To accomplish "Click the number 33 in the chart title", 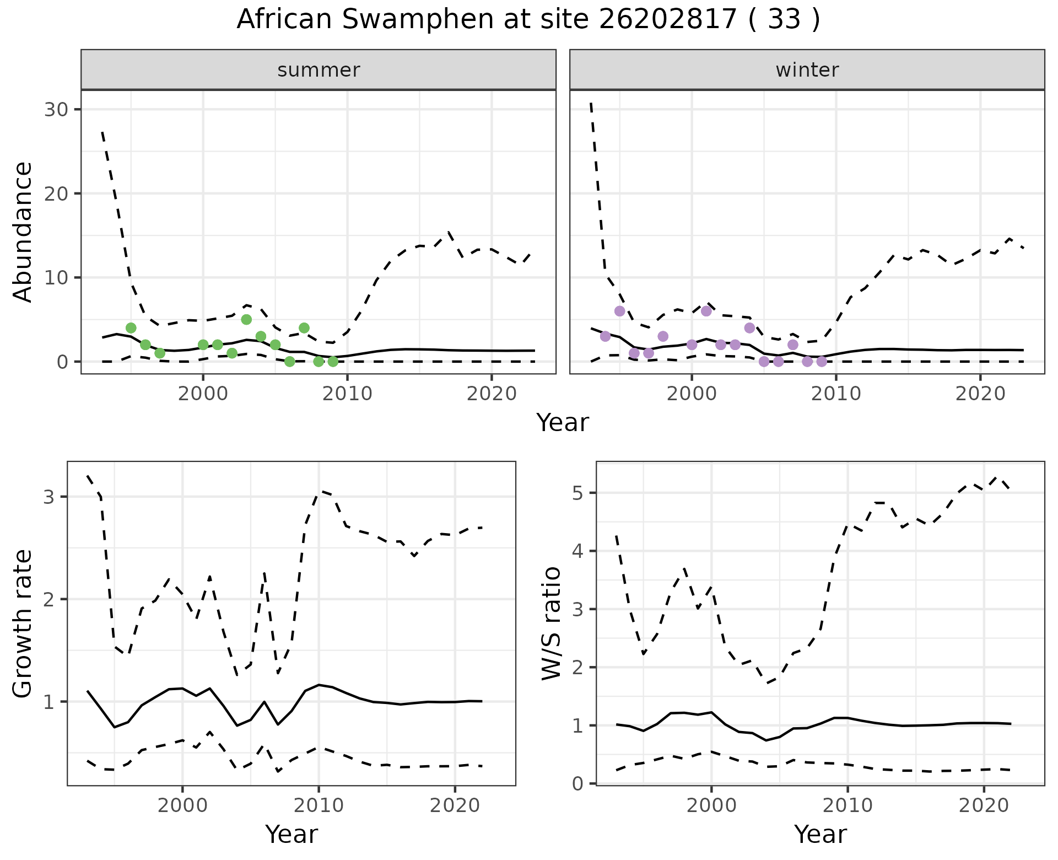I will point(784,20).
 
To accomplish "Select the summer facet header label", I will point(319,70).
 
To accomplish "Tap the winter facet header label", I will point(807,70).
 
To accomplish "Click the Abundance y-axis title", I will point(23,232).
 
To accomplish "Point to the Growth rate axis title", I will point(23,623).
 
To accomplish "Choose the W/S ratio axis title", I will point(552,623).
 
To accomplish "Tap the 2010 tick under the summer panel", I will point(347,394).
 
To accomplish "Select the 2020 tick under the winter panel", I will point(980,394).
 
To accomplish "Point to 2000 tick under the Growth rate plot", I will point(182,805).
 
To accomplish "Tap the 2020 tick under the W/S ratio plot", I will point(984,805).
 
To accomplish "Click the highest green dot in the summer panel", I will point(246,319).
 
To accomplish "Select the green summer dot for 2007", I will point(304,328).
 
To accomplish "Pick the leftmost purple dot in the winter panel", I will point(606,336).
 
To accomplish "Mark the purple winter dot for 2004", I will point(749,328).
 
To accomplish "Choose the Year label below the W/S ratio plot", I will point(820,835).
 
